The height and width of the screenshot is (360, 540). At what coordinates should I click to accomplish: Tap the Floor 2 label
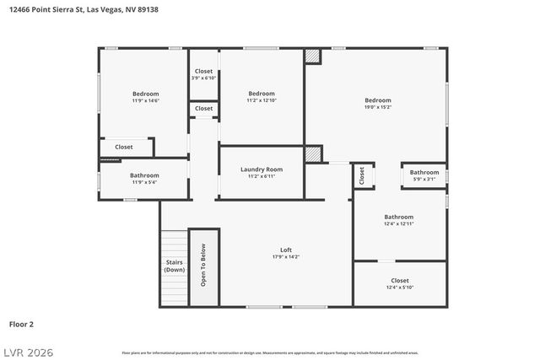pos(21,323)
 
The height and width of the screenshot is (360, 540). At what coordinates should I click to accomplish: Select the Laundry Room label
pos(261,169)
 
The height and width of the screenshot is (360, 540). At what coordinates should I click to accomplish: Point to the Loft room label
pos(286,250)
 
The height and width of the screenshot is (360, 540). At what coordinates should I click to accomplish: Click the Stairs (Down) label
pos(175,266)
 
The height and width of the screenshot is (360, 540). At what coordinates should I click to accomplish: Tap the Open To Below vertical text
pos(202,265)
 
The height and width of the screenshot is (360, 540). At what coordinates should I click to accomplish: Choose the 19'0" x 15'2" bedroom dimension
pos(377,107)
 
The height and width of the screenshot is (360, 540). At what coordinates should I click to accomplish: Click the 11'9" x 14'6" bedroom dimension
pos(145,100)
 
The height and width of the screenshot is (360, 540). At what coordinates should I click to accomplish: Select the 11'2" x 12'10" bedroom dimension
pos(261,100)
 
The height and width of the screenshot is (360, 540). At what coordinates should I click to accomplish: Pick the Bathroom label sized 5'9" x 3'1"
pos(424,179)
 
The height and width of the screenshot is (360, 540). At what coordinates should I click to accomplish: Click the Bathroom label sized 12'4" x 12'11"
pos(398,223)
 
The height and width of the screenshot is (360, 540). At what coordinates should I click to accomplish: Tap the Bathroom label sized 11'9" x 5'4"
pos(145,182)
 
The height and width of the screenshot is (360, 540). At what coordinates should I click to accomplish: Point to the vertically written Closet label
pos(362,175)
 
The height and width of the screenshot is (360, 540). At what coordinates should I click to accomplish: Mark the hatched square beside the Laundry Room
pos(313,154)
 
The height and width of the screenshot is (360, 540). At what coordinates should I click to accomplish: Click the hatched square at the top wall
pos(313,56)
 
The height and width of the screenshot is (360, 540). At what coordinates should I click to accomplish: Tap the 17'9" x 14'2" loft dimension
pos(286,257)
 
